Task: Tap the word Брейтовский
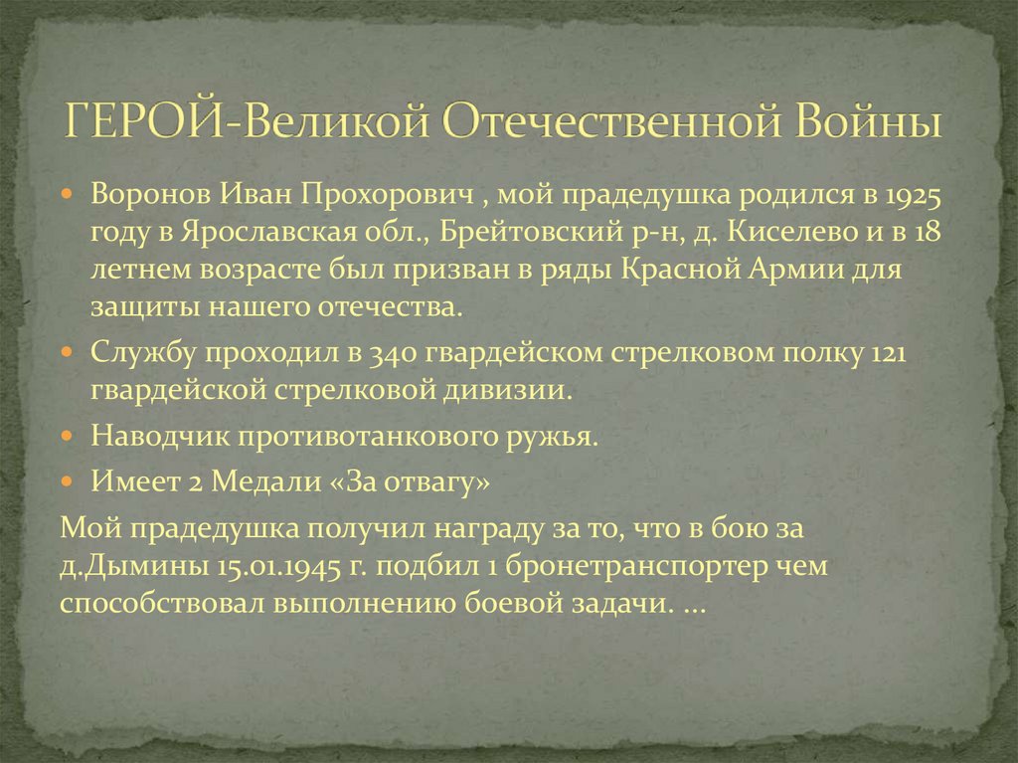tap(552, 232)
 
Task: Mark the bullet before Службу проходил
tap(67, 353)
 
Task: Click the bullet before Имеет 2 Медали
tap(67, 480)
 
